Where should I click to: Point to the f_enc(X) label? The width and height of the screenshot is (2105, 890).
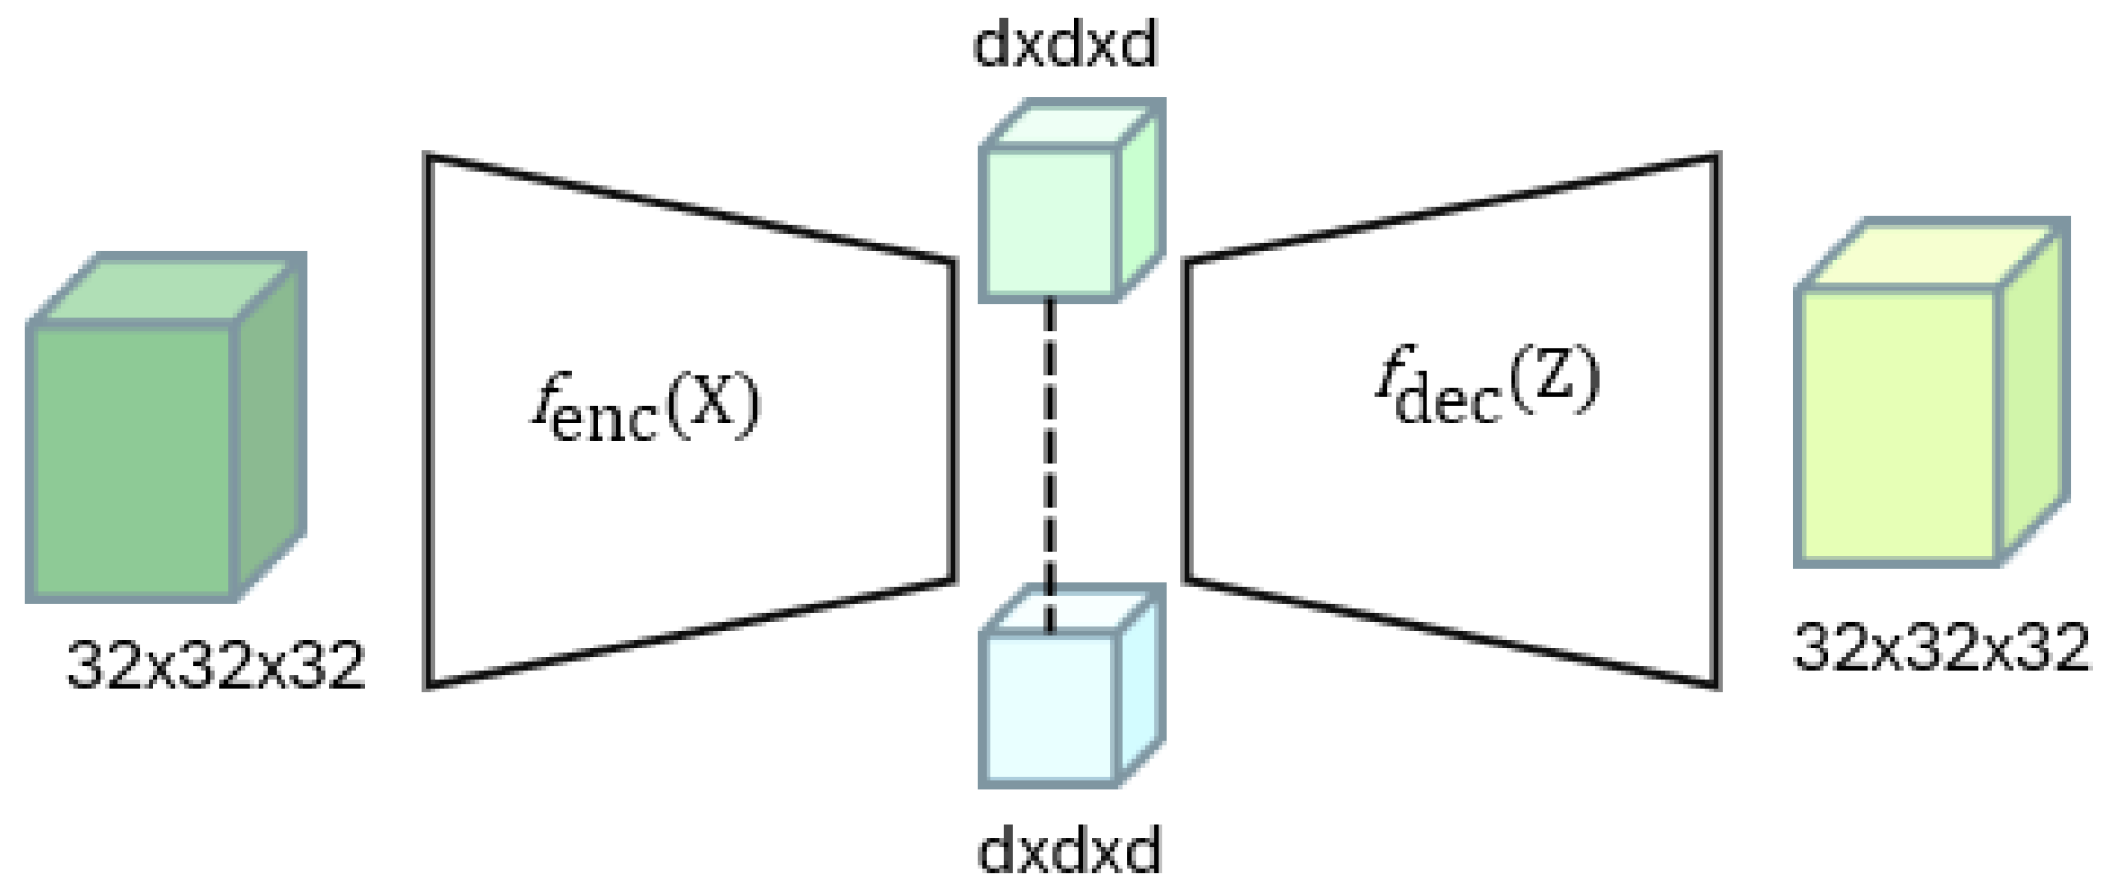point(645,408)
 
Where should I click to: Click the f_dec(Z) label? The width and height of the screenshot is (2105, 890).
point(1486,383)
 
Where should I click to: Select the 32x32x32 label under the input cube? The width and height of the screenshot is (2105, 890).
point(215,666)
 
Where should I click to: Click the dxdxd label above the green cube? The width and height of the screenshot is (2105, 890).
point(1065,44)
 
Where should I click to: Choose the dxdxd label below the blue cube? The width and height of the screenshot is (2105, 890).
point(1069,850)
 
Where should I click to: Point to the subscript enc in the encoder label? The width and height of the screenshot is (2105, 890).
point(604,421)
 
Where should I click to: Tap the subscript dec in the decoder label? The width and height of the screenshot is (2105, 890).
point(1447,401)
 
